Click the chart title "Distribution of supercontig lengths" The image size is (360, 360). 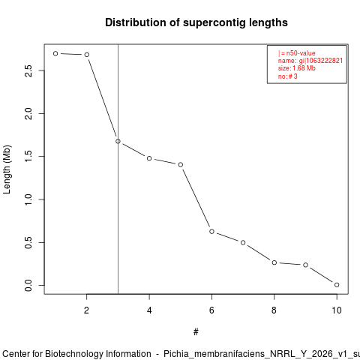196,22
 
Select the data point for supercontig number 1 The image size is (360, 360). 55,53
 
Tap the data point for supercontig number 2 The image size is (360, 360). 87,55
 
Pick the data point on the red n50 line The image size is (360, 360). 118,142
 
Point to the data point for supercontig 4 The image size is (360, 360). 149,158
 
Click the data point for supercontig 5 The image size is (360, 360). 181,165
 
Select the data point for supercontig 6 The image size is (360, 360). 211,232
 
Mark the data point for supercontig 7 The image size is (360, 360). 243,243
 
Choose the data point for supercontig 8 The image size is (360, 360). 274,262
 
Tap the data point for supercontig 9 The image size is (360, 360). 305,265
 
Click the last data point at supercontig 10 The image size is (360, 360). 337,285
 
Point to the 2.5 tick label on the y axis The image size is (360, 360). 28,70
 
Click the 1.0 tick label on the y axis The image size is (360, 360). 28,199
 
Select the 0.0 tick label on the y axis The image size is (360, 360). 28,286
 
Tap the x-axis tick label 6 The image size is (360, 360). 211,310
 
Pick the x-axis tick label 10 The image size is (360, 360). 337,310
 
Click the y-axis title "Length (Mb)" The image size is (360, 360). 7,169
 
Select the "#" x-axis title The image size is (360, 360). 196,332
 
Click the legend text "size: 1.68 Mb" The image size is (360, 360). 297,68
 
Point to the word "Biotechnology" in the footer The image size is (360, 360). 98,354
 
